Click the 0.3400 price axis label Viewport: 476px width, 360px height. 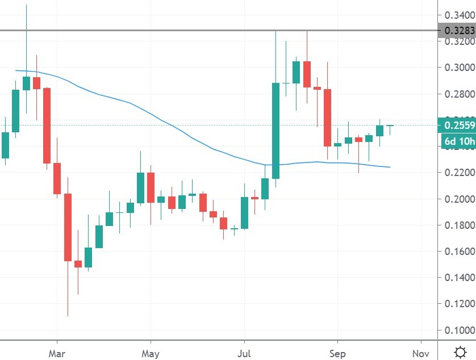coord(458,15)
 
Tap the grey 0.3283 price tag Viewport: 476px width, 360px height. coord(458,30)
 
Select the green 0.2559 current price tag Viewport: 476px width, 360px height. coord(458,124)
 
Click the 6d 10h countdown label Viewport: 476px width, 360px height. coord(458,141)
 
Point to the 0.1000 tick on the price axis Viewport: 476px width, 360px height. coord(458,330)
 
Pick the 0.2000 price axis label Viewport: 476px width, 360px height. coord(458,199)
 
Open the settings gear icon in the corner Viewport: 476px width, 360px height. coord(461,350)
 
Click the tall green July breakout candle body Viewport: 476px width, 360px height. coord(275,131)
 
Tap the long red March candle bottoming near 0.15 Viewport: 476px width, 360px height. coord(68,227)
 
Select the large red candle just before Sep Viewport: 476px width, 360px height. coord(328,118)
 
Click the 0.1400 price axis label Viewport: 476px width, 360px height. coord(458,278)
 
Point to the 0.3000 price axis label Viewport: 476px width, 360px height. coord(458,68)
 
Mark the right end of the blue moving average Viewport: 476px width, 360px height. coord(390,167)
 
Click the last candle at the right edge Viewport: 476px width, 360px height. coord(390,125)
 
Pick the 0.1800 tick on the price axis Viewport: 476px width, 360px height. coord(458,225)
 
